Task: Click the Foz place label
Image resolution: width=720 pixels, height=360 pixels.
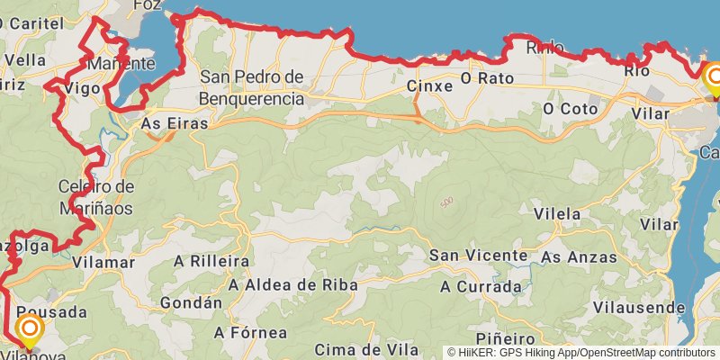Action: [145, 4]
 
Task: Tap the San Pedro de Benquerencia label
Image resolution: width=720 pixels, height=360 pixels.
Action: [251, 87]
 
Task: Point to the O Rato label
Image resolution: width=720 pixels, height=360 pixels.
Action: [486, 78]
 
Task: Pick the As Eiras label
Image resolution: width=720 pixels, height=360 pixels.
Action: [175, 123]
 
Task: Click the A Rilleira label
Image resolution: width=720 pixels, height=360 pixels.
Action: [211, 261]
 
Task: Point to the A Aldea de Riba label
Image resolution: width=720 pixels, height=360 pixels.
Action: [292, 284]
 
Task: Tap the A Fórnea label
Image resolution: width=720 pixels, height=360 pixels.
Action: [250, 332]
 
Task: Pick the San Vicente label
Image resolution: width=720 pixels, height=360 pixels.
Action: [478, 256]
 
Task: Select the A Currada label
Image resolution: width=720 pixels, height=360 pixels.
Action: [481, 287]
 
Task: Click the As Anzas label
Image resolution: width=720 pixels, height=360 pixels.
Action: [579, 257]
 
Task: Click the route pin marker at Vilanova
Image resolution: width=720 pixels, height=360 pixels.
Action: [29, 329]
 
